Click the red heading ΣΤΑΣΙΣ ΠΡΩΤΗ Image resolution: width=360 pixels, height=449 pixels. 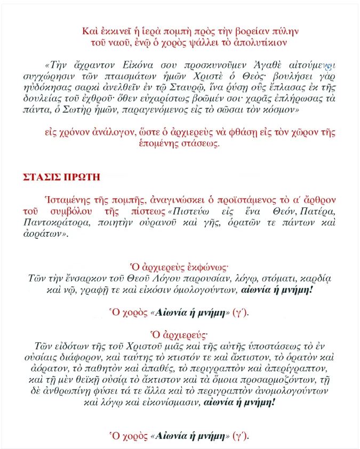59,176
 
